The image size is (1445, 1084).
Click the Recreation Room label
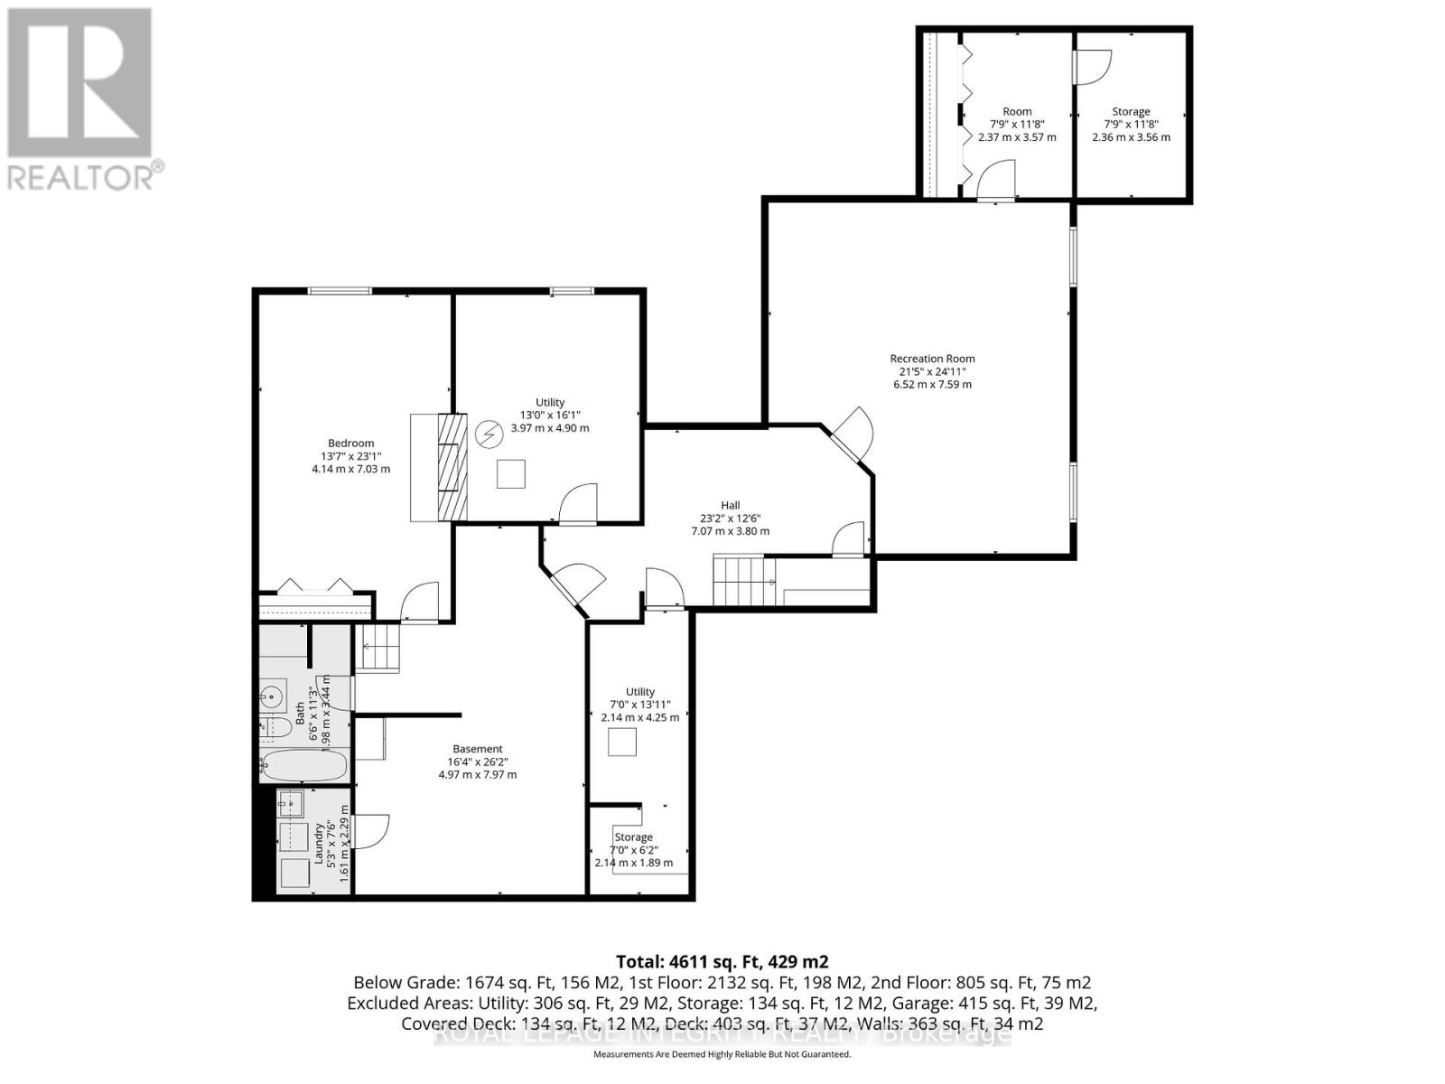click(932, 359)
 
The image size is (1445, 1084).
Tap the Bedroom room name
click(350, 443)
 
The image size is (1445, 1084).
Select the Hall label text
click(730, 505)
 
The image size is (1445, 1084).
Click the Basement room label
click(478, 749)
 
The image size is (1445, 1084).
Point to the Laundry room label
click(319, 844)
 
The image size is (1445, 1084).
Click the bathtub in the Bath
click(303, 766)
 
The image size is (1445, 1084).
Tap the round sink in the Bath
click(271, 696)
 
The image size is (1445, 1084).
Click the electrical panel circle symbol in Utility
click(489, 435)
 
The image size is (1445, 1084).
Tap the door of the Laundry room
click(371, 831)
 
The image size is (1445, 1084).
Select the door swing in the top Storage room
click(1093, 67)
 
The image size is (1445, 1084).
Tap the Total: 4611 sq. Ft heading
click(722, 961)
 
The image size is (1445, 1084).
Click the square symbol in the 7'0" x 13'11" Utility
click(621, 742)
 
